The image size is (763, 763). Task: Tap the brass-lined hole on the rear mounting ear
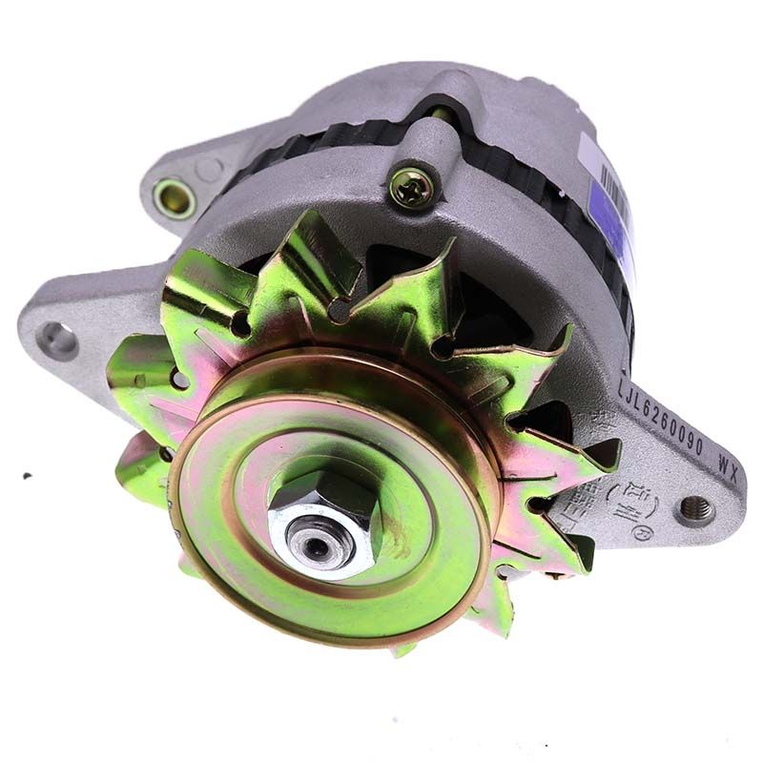coord(175,198)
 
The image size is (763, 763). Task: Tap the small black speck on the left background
coord(27,476)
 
